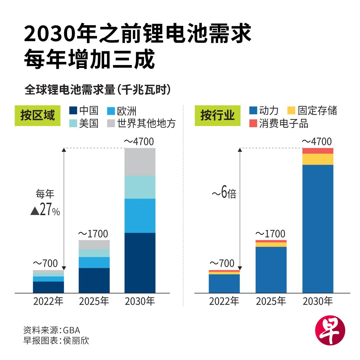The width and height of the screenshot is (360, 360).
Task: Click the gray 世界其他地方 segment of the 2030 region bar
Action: point(140,162)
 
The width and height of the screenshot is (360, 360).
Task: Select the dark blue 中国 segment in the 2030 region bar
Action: point(140,262)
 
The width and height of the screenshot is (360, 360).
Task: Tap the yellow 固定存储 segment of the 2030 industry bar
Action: point(318,159)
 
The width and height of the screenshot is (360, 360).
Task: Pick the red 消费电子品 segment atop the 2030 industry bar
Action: point(318,151)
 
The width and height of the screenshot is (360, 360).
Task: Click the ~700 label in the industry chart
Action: point(222,263)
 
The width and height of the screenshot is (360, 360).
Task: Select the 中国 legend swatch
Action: point(74,111)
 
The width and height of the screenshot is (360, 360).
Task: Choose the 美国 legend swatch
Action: point(74,123)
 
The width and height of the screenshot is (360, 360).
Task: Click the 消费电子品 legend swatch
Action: point(253,123)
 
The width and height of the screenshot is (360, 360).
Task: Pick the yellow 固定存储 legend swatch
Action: point(291,111)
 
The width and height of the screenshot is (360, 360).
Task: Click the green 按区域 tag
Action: point(37,116)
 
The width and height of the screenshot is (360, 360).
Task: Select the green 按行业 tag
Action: point(217,116)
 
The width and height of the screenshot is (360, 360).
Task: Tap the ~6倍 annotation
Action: point(224,193)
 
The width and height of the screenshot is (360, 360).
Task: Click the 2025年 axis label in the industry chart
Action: point(271,301)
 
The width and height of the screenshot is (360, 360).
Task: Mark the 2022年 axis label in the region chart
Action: point(48,301)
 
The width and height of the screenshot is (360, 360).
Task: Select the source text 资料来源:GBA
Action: point(52,330)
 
